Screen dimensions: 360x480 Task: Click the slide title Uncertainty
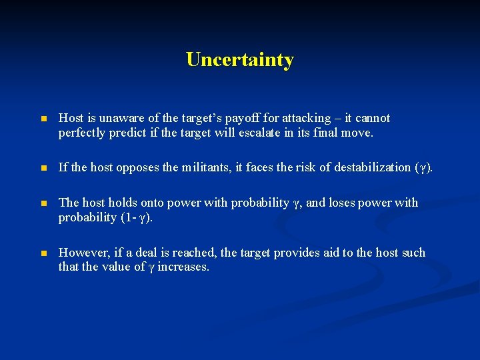(240, 60)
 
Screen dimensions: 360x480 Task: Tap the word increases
(183, 267)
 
